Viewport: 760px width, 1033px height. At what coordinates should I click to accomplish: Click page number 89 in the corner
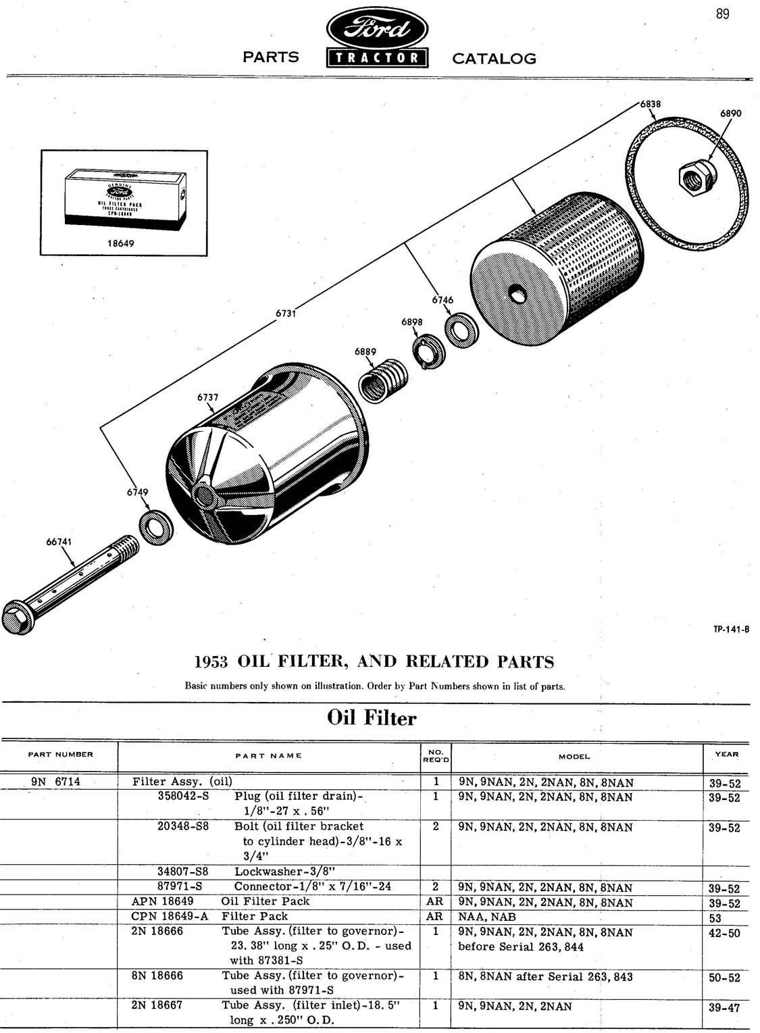(722, 14)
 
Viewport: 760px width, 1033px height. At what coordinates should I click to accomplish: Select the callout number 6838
(651, 104)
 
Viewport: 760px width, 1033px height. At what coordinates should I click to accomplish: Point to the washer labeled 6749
(156, 529)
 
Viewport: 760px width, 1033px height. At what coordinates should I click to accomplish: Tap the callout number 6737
(207, 397)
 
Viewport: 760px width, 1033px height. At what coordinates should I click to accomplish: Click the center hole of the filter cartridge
(518, 294)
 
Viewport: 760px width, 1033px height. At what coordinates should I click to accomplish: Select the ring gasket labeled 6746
(463, 328)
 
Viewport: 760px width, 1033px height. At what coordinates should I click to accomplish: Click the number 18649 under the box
(121, 243)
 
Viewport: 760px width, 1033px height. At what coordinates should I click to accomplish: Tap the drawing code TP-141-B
(732, 630)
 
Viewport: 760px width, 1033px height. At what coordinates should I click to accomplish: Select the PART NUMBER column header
(61, 754)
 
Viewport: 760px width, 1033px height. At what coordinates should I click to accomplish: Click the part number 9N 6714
(55, 782)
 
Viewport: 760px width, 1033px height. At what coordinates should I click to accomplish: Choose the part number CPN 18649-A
(170, 916)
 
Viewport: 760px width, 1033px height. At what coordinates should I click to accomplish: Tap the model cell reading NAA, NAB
(486, 917)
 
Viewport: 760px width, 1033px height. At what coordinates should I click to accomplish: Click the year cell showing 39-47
(724, 1007)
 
